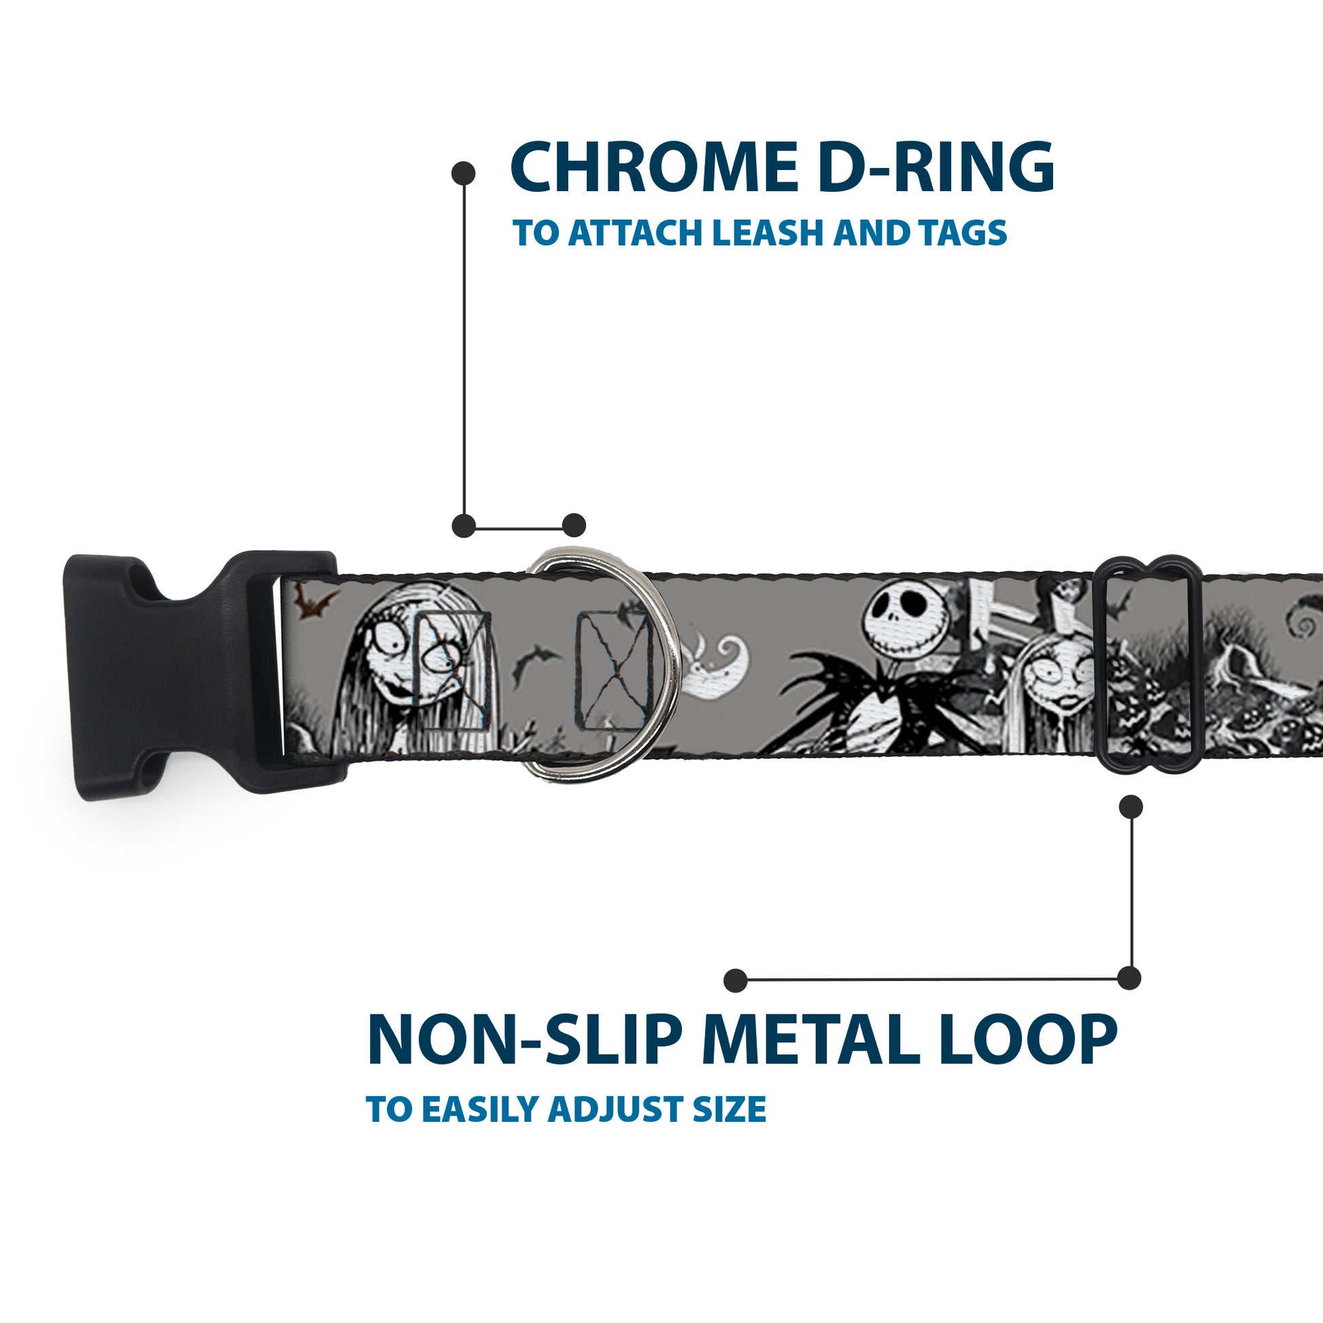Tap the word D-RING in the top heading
click(935, 168)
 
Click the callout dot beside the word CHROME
click(464, 173)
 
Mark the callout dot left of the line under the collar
click(735, 980)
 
